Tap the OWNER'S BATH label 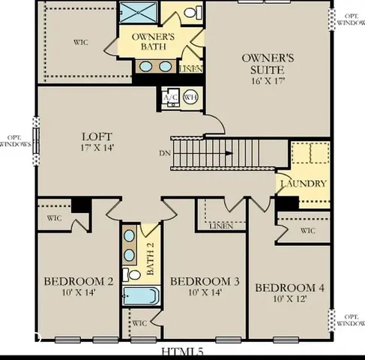point(154,41)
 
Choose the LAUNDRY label point(303,184)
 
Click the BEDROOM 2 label point(79,281)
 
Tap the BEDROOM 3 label point(205,281)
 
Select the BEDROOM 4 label point(289,288)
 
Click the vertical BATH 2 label point(150,259)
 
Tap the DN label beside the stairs point(164,154)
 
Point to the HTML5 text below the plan point(182,352)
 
